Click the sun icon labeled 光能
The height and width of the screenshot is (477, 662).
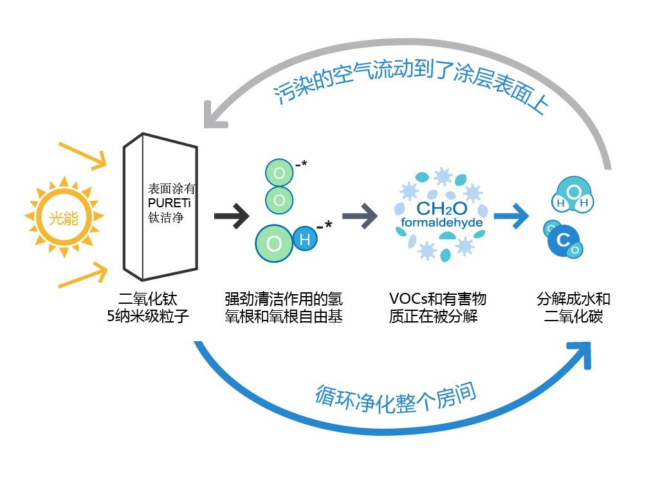coord(63,217)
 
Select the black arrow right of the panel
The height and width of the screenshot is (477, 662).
coord(231,216)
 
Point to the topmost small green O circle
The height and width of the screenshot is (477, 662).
coord(279,174)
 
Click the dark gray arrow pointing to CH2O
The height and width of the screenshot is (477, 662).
coord(359,216)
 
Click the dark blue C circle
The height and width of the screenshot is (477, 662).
coord(563,241)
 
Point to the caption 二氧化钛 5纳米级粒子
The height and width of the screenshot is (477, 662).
coord(148,308)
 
